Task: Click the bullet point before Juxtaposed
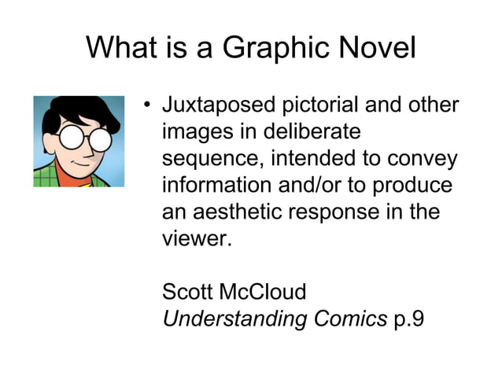pos(146,105)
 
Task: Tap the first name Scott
pos(187,293)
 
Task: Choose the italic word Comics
pos(349,319)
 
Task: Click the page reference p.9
pos(408,319)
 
